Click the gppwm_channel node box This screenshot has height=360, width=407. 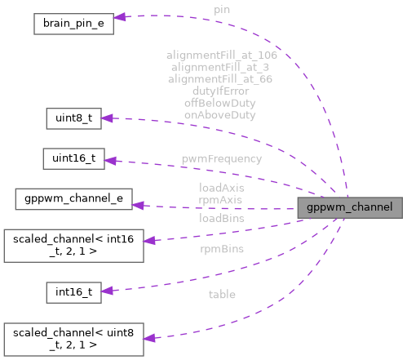(x=350, y=207)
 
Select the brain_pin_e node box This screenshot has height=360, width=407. (x=73, y=23)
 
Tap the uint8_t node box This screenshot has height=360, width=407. (x=73, y=118)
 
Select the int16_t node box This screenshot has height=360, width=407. (x=73, y=291)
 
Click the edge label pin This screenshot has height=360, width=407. (x=221, y=9)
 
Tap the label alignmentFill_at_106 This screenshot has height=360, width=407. (x=221, y=55)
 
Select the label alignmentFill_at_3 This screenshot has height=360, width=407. (x=221, y=67)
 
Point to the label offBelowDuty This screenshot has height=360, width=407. (x=221, y=104)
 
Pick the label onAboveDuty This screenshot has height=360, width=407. (x=221, y=116)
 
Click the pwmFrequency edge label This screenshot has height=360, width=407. (x=221, y=158)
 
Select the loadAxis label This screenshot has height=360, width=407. (x=221, y=187)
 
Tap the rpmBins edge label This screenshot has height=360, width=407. (x=221, y=248)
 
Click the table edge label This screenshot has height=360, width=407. (x=221, y=294)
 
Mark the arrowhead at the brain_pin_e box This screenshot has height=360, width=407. (x=119, y=16)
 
